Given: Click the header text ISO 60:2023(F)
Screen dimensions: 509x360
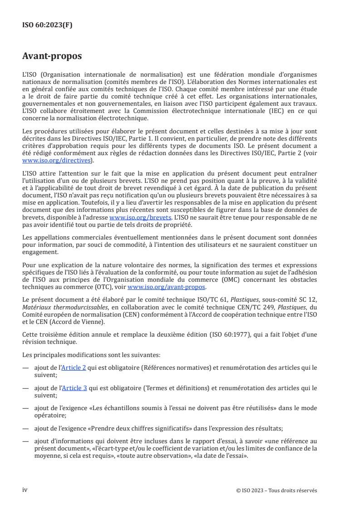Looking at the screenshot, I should (47, 25).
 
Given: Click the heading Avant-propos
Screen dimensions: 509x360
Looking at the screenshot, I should (52, 56).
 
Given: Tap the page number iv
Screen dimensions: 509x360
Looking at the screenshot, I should (25, 489).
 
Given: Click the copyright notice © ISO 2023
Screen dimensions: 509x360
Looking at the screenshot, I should (276, 490).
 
